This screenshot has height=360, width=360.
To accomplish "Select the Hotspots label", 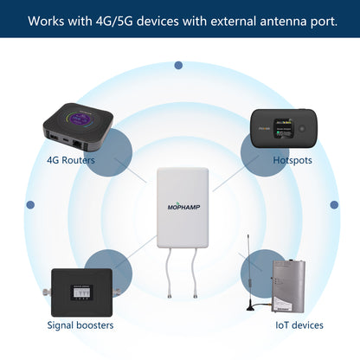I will [292, 160].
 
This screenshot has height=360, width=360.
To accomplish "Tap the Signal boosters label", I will [80, 325].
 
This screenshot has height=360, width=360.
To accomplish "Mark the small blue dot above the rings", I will [178, 65].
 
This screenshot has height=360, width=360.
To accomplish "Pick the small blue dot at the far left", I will [30, 205].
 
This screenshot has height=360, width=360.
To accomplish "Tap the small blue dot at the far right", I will [335, 205].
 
